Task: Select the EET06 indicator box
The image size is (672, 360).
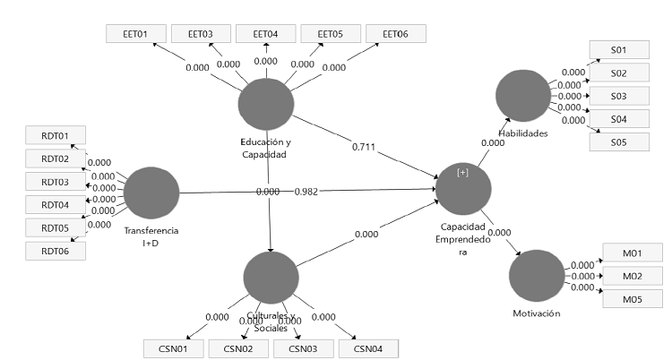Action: coord(395,34)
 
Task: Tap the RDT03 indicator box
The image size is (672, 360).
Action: coord(55,182)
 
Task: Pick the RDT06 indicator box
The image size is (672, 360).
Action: coord(55,250)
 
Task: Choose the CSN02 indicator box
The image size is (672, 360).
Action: coord(239,348)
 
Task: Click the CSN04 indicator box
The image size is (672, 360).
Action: coord(368,348)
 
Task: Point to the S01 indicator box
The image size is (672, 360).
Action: coord(618,50)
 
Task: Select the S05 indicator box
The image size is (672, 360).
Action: coord(618,141)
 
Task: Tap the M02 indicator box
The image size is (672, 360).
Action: coord(632,276)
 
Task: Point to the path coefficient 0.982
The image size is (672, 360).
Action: coord(307,192)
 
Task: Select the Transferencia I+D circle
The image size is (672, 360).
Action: coord(151,194)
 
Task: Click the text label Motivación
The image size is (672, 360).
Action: coord(536,313)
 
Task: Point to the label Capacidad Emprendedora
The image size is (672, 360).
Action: coord(463,239)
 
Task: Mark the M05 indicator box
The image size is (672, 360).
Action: coord(632,299)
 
